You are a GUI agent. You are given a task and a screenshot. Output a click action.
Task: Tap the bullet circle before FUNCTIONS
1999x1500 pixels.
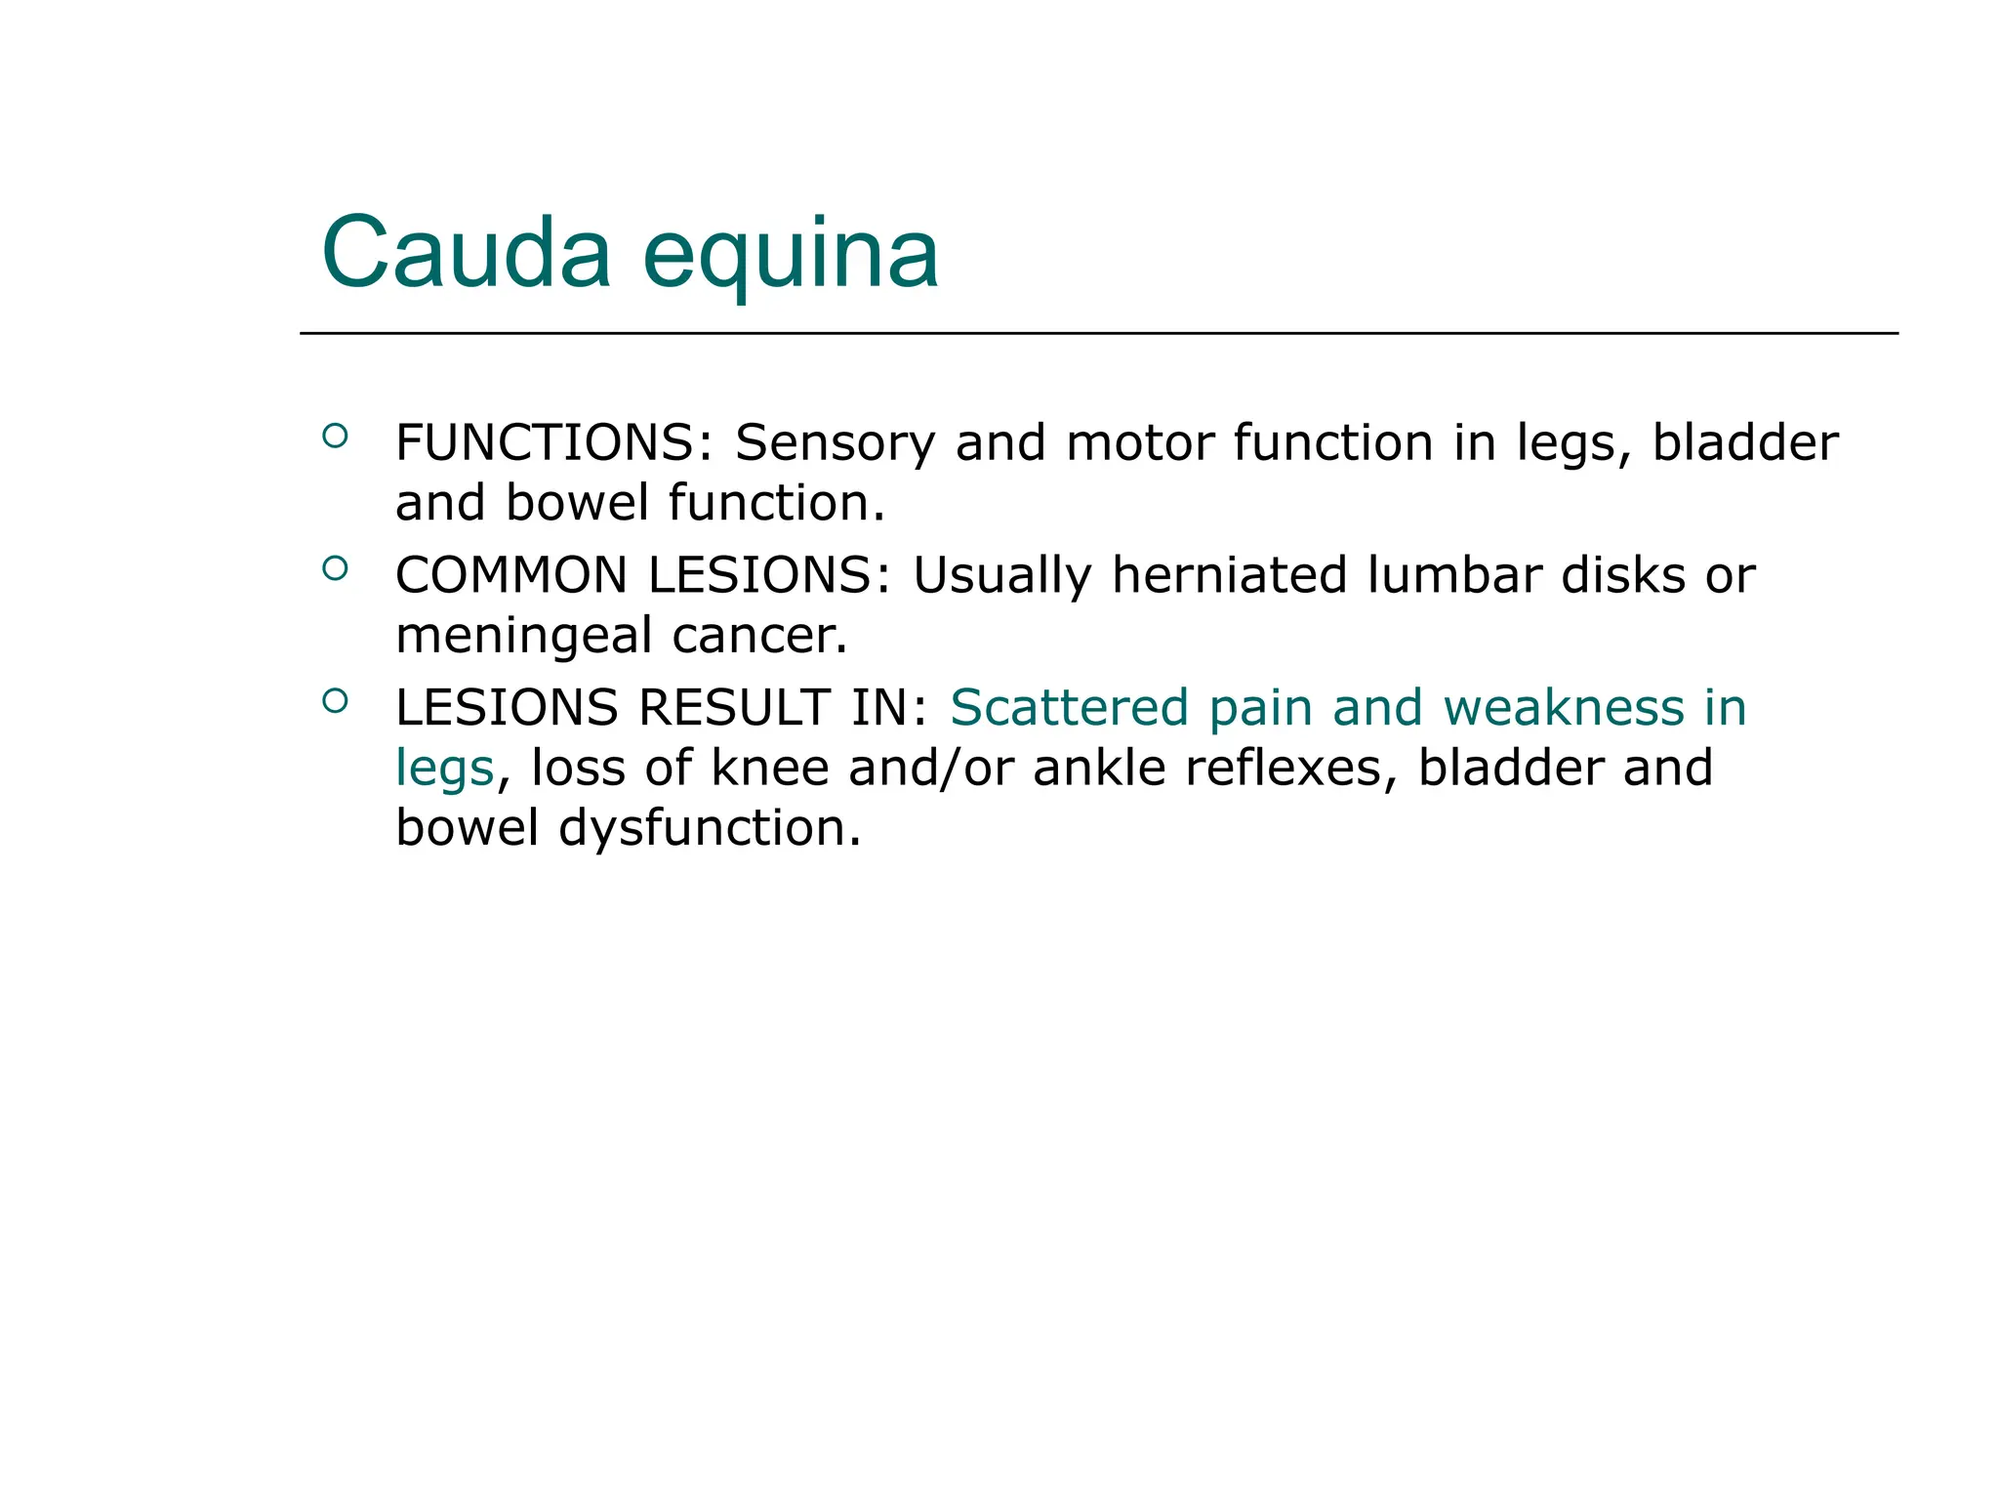point(335,436)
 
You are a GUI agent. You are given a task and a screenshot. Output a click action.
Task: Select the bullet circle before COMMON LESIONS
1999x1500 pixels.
point(335,567)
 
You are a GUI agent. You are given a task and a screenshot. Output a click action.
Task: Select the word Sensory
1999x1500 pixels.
point(835,443)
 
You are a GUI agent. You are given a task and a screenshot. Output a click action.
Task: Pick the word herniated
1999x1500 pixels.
point(1230,575)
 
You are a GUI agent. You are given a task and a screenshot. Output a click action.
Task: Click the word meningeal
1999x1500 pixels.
point(524,636)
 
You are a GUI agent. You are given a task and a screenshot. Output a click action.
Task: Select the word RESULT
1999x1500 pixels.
point(734,708)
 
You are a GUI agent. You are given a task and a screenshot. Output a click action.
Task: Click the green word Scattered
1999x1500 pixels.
point(1069,708)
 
